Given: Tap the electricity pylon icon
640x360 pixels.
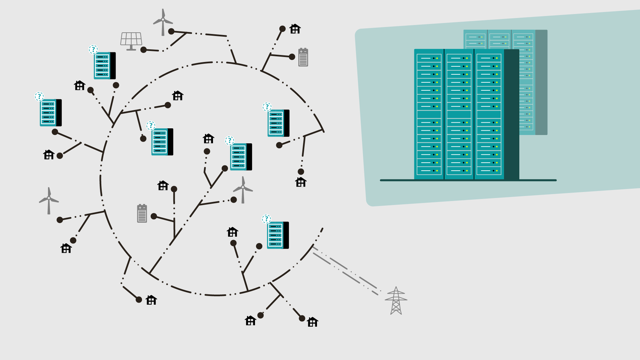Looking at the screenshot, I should click(396, 301).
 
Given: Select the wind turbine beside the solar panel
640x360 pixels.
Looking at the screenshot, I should click(163, 22).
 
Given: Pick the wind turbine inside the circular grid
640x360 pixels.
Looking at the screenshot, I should click(243, 190).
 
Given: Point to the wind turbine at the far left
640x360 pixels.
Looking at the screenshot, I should click(49, 200).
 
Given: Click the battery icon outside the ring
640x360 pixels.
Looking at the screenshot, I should click(303, 57).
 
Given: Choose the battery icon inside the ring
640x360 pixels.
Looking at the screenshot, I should click(142, 213).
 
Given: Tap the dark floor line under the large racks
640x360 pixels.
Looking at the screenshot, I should click(468, 180).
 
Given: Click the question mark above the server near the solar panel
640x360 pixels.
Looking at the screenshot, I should click(93, 49).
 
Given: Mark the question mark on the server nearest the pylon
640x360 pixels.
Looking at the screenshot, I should click(266, 219).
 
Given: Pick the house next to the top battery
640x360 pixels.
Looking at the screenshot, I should click(295, 29).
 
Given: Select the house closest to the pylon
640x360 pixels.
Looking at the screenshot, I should click(312, 322).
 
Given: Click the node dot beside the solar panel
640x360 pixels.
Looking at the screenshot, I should click(144, 50).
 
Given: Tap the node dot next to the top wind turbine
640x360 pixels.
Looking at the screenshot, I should click(171, 31).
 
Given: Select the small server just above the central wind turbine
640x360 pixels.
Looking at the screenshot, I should click(241, 157).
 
